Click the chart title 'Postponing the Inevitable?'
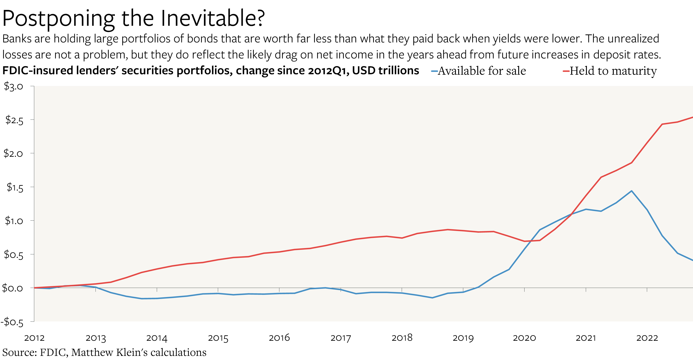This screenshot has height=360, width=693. [x=133, y=18]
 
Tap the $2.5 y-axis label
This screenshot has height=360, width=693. [x=14, y=120]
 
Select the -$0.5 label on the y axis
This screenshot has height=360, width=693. [x=12, y=322]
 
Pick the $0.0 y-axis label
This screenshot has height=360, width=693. [x=12, y=288]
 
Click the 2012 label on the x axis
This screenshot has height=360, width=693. [x=34, y=338]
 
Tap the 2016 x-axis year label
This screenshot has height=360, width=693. [x=279, y=338]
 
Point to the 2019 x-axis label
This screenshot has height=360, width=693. [x=463, y=338]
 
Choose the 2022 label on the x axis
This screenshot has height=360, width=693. [x=647, y=338]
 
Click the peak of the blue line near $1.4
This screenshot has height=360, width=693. [x=631, y=191]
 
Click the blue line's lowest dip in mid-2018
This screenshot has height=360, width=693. [x=432, y=298]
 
